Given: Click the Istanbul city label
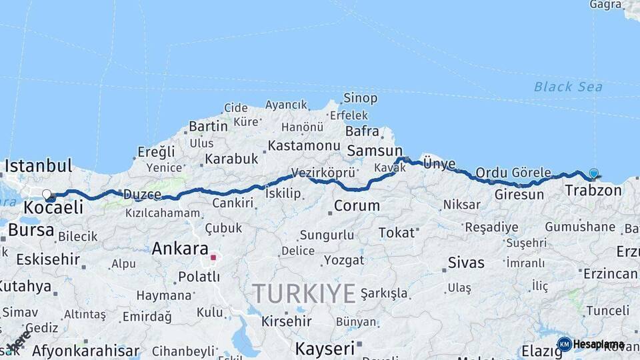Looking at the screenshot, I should (x=38, y=165).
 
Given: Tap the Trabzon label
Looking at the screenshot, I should (x=593, y=191).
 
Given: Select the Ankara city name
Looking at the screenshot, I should (x=180, y=249).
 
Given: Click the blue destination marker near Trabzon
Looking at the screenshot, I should (x=593, y=174).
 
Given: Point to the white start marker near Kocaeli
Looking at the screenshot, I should (x=47, y=195).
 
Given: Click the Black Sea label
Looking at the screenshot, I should (x=568, y=87).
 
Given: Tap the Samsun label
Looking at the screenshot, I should (x=375, y=151).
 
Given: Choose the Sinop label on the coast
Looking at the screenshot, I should (x=360, y=98).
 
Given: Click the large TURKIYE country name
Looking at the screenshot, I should (x=303, y=293).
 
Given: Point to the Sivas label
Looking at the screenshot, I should (x=466, y=262).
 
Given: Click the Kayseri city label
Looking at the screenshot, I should (x=325, y=348).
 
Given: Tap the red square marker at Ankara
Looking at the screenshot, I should (x=213, y=257).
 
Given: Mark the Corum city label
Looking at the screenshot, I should (x=357, y=206).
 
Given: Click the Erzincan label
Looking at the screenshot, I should (x=610, y=274).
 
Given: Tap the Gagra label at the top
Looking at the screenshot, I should (x=605, y=5).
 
